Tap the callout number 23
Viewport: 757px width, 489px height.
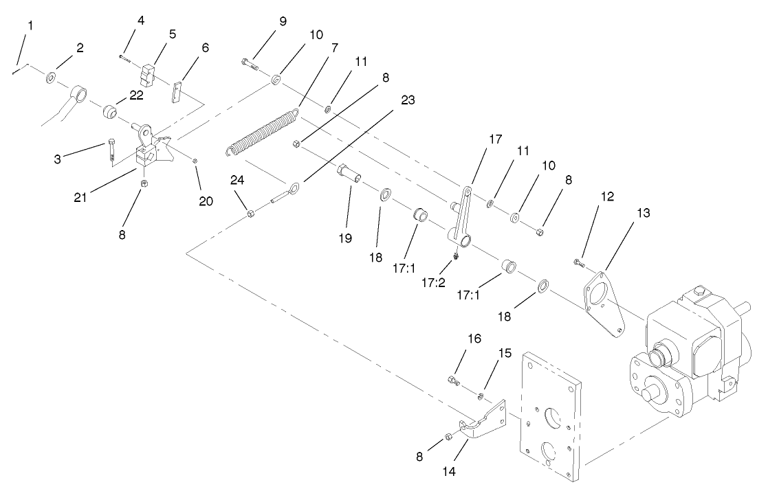pyautogui.click(x=408, y=100)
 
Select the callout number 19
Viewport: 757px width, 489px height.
pyautogui.click(x=344, y=238)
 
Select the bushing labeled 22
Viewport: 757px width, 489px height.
pyautogui.click(x=108, y=111)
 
